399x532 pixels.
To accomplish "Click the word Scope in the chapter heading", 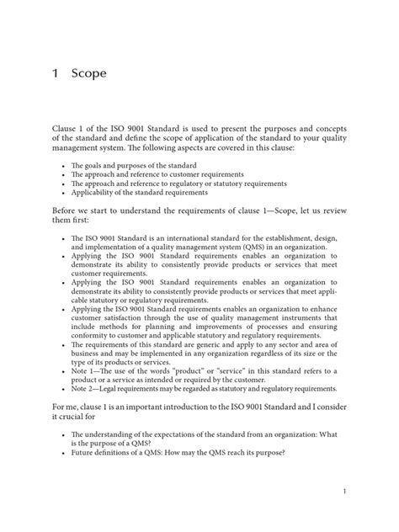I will click(89, 73).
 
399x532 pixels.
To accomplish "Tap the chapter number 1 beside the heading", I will click(56, 73).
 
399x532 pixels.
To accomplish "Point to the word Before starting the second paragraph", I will click(68, 210).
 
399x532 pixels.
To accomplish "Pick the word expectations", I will click(185, 436).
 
